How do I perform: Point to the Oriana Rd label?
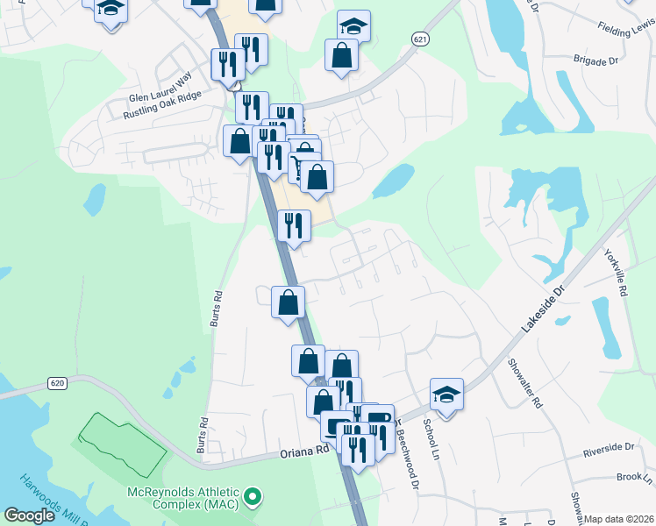pos(303,451)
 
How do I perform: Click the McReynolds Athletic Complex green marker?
pos(253,498)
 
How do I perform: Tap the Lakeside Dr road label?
pos(545,307)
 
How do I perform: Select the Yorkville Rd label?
pos(617,273)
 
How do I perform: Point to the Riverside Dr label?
pos(609,447)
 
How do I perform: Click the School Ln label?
pos(430,438)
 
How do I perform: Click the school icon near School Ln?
pos(446,395)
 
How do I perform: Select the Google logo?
pos(30,515)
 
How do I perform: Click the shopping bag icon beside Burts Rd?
pos(289,303)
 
